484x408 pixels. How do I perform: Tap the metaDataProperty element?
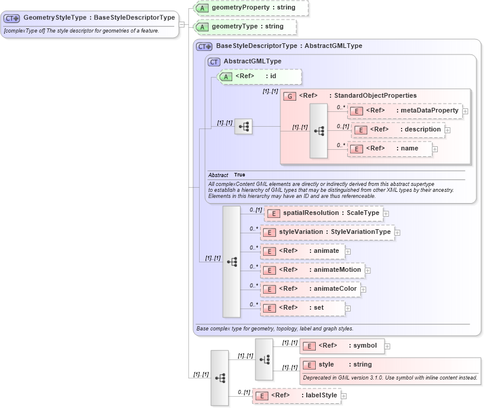click(x=405, y=111)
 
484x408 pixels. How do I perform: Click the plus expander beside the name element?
click(x=435, y=149)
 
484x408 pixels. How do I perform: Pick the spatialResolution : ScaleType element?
click(x=323, y=213)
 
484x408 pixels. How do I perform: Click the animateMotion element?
click(x=312, y=270)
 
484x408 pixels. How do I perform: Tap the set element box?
click(x=303, y=308)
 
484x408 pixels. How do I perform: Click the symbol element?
click(x=342, y=346)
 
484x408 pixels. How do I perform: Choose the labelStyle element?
click(x=296, y=396)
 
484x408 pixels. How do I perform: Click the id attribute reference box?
click(x=259, y=76)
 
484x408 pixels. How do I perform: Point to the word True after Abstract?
click(x=239, y=175)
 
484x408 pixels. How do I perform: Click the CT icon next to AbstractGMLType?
click(x=214, y=62)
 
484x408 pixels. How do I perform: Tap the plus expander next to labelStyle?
click(x=344, y=396)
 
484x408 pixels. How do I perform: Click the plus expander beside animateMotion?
click(x=367, y=271)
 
